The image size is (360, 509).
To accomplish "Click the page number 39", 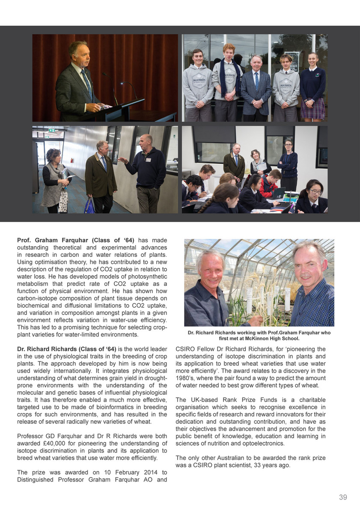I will (x=342, y=497).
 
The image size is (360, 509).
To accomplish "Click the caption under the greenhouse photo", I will (x=259, y=335).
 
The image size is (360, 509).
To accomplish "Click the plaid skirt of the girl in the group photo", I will (x=312, y=109).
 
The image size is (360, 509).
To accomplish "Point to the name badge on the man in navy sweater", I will (x=148, y=160).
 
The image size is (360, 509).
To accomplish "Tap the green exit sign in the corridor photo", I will (x=51, y=130).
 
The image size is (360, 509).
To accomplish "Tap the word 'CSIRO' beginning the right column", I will (x=185, y=349).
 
